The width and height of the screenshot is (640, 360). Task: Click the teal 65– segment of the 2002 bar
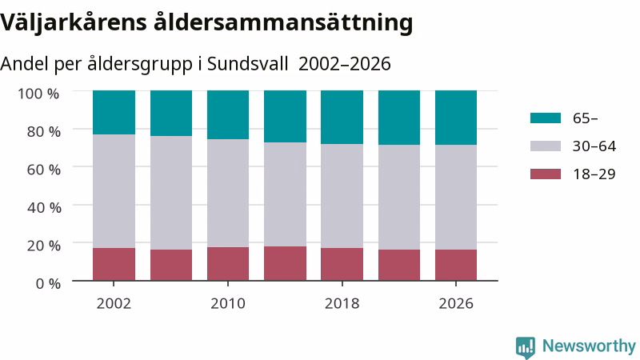click(x=114, y=112)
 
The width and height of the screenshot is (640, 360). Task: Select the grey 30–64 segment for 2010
click(x=228, y=193)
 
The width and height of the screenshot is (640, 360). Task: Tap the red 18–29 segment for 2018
click(x=342, y=264)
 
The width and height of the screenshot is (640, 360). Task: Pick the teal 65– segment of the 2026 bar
click(x=456, y=118)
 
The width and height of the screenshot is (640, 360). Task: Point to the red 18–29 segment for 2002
click(x=114, y=264)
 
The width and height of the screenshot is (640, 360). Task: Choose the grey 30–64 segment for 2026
click(x=456, y=197)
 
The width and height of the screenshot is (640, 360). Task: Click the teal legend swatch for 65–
click(x=546, y=118)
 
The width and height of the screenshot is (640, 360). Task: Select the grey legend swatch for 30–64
click(x=546, y=146)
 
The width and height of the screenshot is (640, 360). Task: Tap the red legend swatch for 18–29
click(x=546, y=174)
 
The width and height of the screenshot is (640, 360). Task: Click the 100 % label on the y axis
click(x=38, y=94)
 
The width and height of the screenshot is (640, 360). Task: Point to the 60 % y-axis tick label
click(x=44, y=170)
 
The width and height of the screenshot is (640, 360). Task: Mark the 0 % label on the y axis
click(x=48, y=283)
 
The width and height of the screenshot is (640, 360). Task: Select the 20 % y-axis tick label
click(x=44, y=246)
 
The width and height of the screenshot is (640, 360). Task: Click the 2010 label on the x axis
click(x=228, y=304)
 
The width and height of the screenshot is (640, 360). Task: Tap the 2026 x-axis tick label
click(x=456, y=304)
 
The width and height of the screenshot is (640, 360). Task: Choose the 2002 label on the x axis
click(x=114, y=304)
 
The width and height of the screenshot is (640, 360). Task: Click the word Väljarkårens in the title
click(x=74, y=23)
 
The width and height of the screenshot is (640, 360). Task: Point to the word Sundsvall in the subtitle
click(x=248, y=64)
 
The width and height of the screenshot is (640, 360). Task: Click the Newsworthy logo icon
click(x=526, y=347)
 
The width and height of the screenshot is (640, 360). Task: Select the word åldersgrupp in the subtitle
click(x=140, y=65)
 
